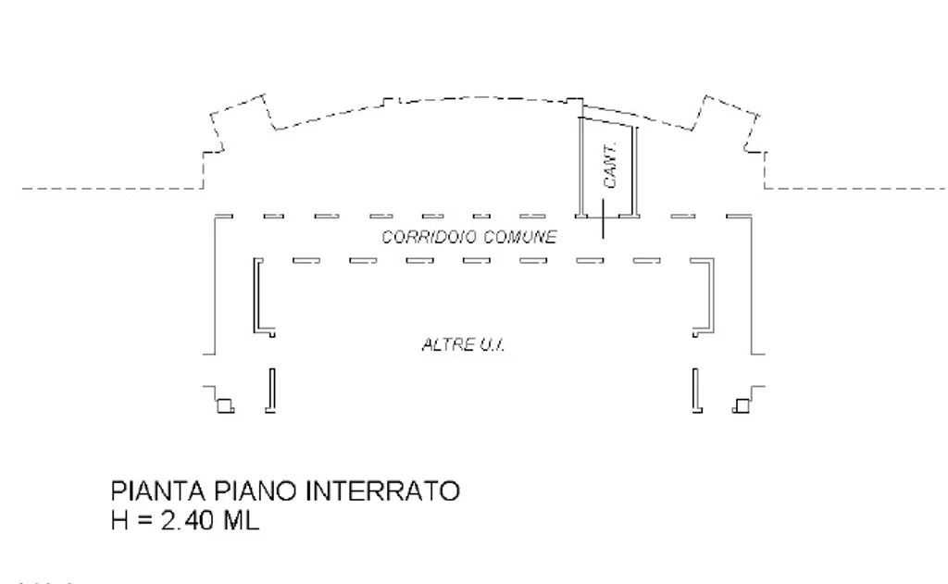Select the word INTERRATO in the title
click(x=382, y=491)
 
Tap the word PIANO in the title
click(x=256, y=491)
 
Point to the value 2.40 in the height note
click(x=187, y=520)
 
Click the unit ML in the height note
click(x=242, y=520)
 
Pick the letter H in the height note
click(x=119, y=520)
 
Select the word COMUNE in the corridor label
click(x=520, y=236)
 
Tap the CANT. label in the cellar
click(x=610, y=165)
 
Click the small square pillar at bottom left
click(x=226, y=405)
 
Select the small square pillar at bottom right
click(x=742, y=405)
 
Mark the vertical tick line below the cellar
click(x=603, y=218)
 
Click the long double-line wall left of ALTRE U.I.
click(x=257, y=295)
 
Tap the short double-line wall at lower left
click(x=272, y=391)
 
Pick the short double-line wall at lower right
click(x=696, y=391)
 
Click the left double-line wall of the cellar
click(x=581, y=167)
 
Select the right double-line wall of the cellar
click(x=635, y=171)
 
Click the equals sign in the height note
click(x=144, y=520)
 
